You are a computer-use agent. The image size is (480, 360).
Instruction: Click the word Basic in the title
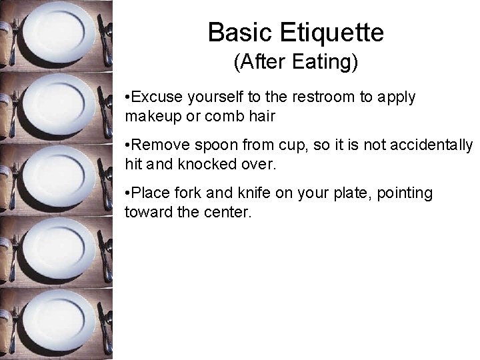click(x=240, y=32)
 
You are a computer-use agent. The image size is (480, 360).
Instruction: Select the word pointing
click(x=405, y=193)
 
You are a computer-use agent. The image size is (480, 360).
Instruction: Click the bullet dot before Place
click(x=128, y=193)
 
